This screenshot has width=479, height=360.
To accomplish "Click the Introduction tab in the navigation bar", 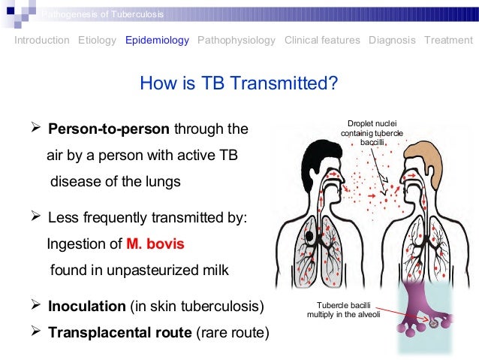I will [42, 41].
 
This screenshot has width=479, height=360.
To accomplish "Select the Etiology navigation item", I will [97, 41].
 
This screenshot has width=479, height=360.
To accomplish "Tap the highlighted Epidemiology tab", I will [157, 41].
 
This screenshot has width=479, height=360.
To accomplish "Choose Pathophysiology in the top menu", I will [236, 41].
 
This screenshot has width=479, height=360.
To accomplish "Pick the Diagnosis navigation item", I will [392, 41].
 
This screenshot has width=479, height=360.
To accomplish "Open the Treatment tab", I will [448, 41].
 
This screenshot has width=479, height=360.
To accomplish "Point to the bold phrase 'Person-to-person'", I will [110, 129].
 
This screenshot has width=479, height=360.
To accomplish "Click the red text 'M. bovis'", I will [155, 244].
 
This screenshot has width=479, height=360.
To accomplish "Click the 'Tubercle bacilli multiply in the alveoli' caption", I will [339, 308].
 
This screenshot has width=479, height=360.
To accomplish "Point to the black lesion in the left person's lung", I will [310, 238].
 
